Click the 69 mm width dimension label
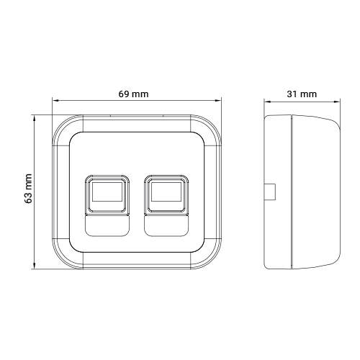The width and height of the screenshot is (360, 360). pos(134,94)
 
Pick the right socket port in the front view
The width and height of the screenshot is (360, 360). pos(166,194)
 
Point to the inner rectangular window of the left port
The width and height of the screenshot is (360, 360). pos(107,192)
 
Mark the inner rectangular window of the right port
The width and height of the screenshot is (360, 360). pos(166,192)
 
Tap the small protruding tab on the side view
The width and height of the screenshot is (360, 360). pos(270,191)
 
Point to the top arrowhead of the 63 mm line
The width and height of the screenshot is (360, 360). pos(36,114)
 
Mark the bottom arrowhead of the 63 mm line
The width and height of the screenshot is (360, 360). pos(36,268)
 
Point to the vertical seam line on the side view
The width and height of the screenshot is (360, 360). pos(289,191)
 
